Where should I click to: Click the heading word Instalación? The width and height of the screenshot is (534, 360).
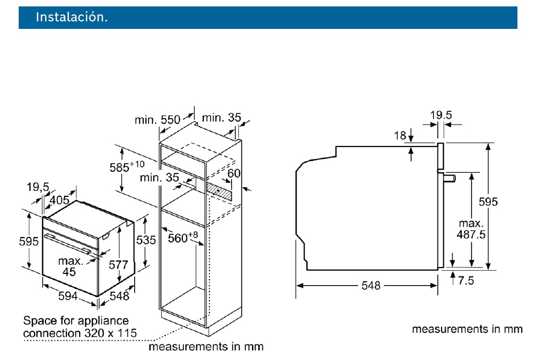click(72, 17)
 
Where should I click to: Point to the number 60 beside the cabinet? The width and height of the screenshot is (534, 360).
click(233, 174)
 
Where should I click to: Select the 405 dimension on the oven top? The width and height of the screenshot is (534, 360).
click(59, 201)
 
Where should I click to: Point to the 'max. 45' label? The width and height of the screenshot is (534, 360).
click(70, 266)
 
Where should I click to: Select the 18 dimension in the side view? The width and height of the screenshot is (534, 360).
click(400, 136)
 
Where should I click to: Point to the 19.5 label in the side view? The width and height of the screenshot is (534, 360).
click(442, 114)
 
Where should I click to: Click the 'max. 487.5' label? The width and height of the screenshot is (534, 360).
click(470, 228)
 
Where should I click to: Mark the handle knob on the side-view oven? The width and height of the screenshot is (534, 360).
click(450, 177)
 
